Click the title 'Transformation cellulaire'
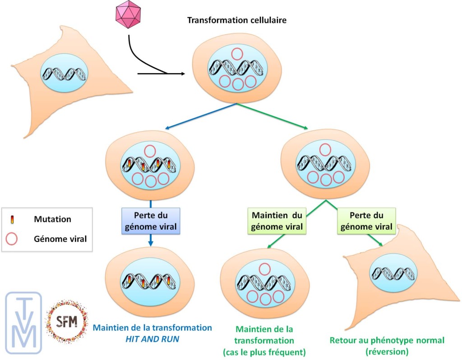click(237, 20)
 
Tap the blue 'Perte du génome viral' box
click(151, 221)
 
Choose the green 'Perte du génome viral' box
click(366, 221)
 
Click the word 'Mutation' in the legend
click(52, 220)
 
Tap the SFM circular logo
click(66, 321)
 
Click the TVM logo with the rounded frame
click(23, 320)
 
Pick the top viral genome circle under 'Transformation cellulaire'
click(237, 54)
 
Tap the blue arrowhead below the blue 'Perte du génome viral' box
click(151, 245)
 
